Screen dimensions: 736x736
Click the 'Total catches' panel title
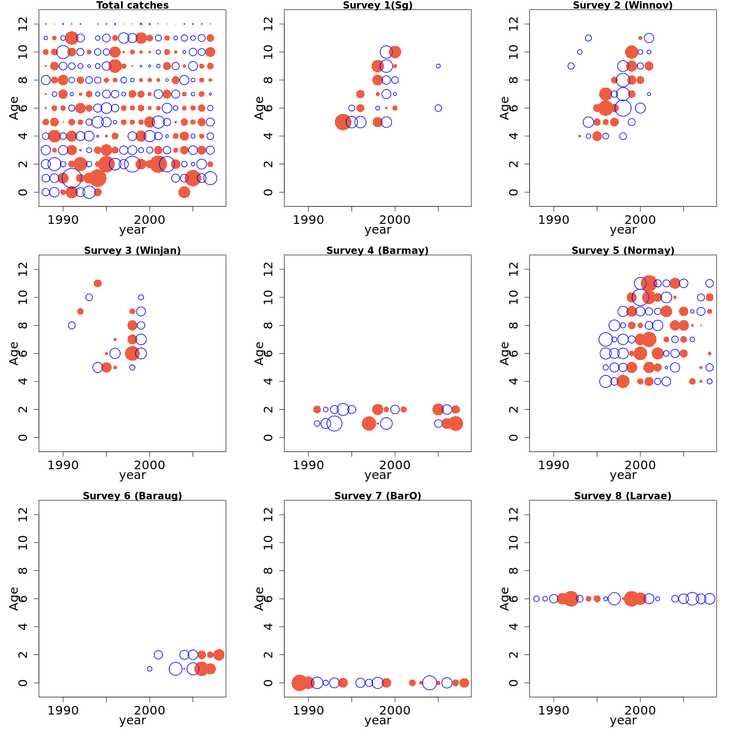click(x=132, y=6)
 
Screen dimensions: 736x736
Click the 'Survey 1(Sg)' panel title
click(x=378, y=6)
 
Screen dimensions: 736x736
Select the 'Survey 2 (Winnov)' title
click(x=623, y=6)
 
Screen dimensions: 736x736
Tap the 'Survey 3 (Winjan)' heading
click(x=132, y=251)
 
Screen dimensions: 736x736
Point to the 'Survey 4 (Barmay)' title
click(x=378, y=251)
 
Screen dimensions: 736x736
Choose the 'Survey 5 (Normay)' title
click(x=623, y=251)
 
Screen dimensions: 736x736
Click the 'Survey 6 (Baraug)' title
click(x=132, y=496)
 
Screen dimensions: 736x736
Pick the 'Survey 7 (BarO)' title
click(x=378, y=496)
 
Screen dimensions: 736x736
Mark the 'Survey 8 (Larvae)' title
click(x=623, y=496)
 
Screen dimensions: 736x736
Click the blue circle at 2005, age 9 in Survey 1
click(x=438, y=66)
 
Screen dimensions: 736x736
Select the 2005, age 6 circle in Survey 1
click(x=438, y=108)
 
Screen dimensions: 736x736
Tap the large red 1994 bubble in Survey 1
click(x=343, y=122)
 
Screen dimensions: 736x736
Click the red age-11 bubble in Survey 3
click(x=98, y=283)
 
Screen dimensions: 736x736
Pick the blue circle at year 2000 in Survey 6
click(x=150, y=669)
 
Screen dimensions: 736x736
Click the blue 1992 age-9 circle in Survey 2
click(x=571, y=66)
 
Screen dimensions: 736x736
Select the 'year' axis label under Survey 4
click(x=378, y=475)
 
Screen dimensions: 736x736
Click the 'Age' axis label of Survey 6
click(x=14, y=599)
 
